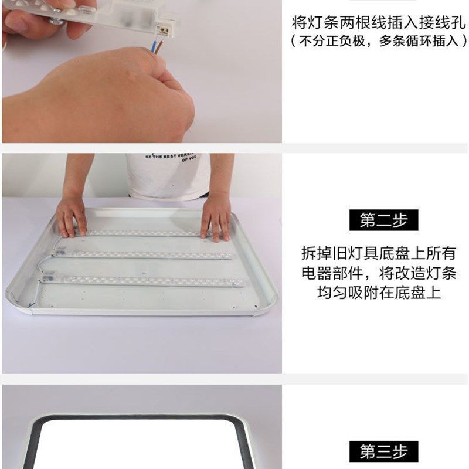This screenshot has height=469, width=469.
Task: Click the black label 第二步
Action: click(383, 220)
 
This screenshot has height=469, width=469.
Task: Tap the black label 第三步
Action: click(383, 451)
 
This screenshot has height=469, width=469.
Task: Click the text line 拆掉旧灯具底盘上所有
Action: click(378, 253)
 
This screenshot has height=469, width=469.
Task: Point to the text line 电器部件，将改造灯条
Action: click(378, 273)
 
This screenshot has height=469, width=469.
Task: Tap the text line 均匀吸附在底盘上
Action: click(378, 293)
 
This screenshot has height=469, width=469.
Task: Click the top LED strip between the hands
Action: click(141, 233)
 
